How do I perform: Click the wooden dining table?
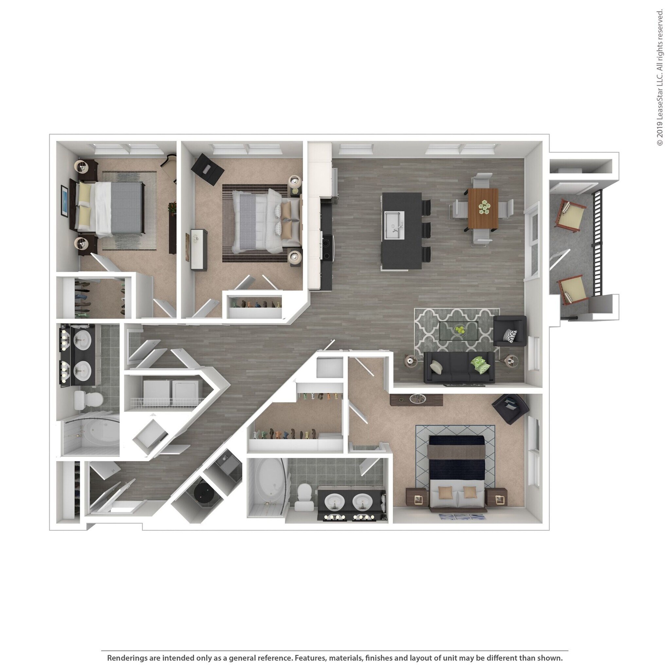coord(483,208)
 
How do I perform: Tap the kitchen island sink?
coord(394,226)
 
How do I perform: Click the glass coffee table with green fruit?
coord(458,330)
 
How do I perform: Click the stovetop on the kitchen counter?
coord(327,247)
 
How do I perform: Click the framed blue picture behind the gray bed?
coord(64,201)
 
